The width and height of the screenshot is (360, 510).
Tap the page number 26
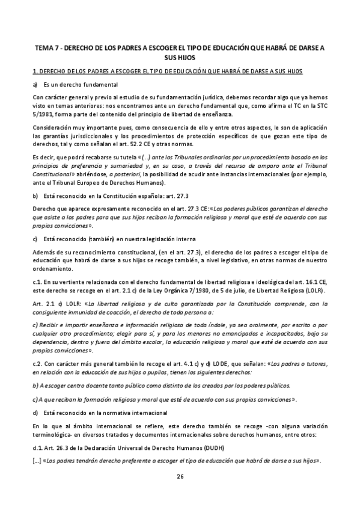click(180, 477)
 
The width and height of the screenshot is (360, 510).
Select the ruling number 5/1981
click(45, 114)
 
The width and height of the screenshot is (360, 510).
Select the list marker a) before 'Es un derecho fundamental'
click(35, 84)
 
